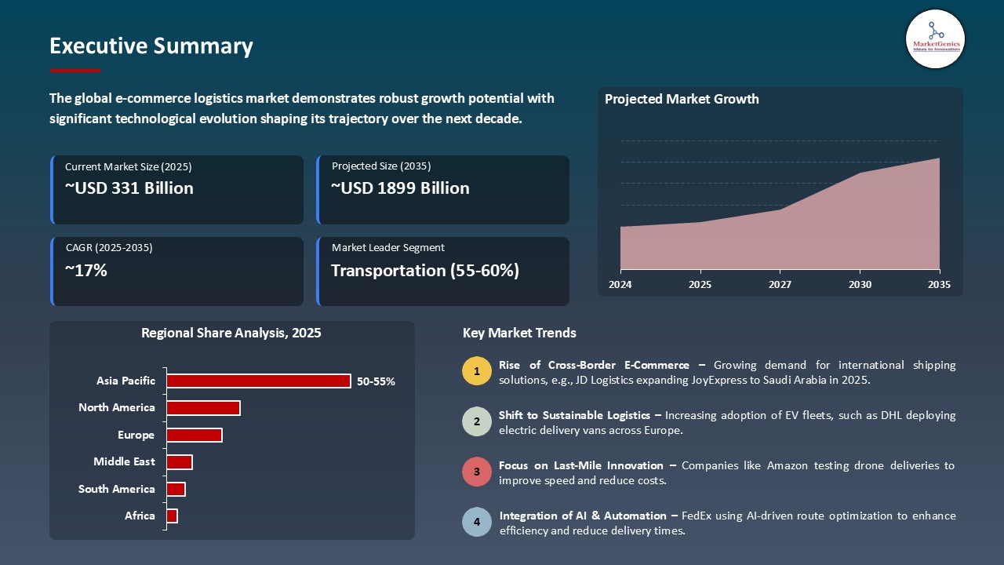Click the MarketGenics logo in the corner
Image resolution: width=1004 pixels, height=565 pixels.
pyautogui.click(x=935, y=38)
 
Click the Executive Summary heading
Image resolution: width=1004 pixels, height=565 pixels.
pyautogui.click(x=151, y=46)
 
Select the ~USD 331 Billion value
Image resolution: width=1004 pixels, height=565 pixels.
pyautogui.click(x=129, y=188)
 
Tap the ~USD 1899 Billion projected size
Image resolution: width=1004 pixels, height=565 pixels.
pyautogui.click(x=400, y=188)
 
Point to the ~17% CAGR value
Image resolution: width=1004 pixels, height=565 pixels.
pyautogui.click(x=86, y=271)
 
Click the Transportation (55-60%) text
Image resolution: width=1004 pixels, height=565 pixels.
pyautogui.click(x=424, y=271)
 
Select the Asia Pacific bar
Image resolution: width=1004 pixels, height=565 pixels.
pyautogui.click(x=258, y=381)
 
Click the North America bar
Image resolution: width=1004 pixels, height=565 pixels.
pyautogui.click(x=203, y=408)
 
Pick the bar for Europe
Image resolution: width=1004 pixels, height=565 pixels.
pyautogui.click(x=194, y=435)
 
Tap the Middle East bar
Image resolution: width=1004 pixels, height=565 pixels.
pyautogui.click(x=179, y=462)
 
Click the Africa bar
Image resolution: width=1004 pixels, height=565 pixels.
pyautogui.click(x=172, y=516)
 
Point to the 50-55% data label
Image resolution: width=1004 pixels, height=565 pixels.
pyautogui.click(x=376, y=381)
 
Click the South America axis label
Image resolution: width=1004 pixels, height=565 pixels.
pyautogui.click(x=117, y=489)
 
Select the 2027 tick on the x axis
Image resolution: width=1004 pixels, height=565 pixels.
pyautogui.click(x=780, y=284)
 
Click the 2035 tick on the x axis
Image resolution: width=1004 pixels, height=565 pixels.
pyautogui.click(x=938, y=284)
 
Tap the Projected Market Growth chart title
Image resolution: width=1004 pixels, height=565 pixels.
pyautogui.click(x=682, y=99)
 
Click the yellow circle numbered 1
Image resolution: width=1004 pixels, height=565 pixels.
pyautogui.click(x=477, y=371)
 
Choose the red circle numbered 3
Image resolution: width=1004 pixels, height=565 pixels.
pyautogui.click(x=477, y=472)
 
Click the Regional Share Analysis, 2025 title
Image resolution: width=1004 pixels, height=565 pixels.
pyautogui.click(x=231, y=333)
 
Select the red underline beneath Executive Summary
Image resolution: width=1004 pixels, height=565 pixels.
pyautogui.click(x=75, y=71)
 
